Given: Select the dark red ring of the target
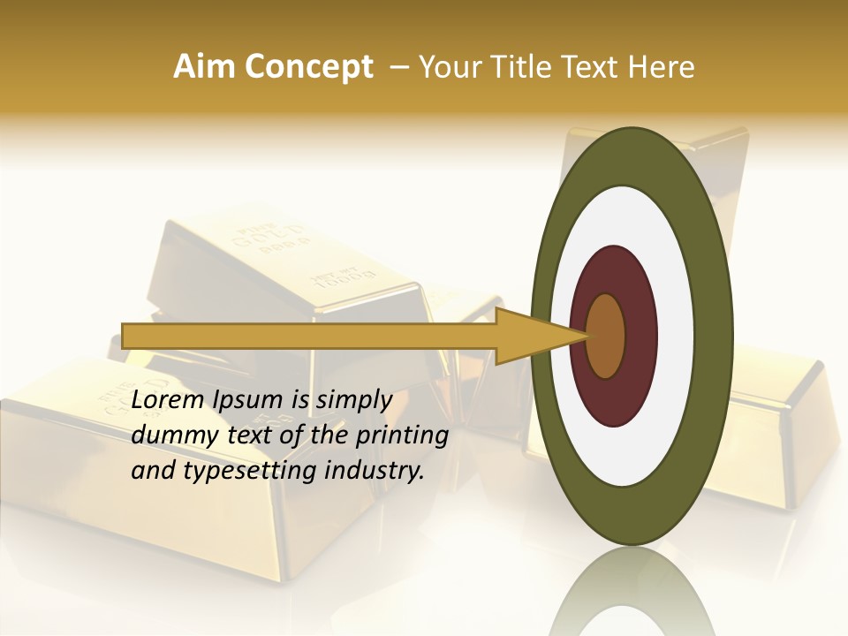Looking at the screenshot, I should click(x=641, y=336).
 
